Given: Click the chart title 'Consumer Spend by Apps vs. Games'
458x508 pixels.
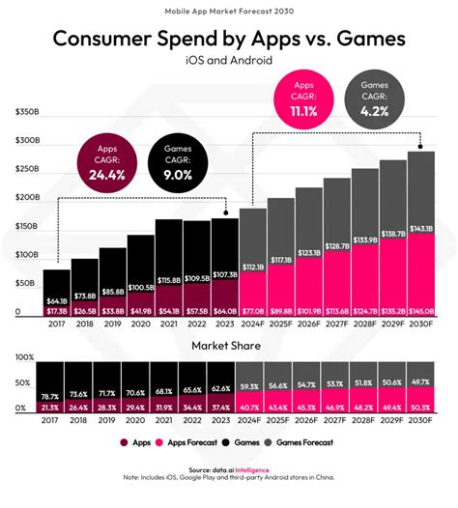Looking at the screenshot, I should click(x=228, y=40).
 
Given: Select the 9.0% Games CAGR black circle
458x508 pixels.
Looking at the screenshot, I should click(x=182, y=164).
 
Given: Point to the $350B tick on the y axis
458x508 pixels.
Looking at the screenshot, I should click(x=26, y=111).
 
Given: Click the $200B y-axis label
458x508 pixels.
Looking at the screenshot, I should click(x=26, y=197).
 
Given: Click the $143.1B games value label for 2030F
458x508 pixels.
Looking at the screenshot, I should click(x=421, y=228).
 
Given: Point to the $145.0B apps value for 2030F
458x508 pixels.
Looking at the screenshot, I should click(x=421, y=312).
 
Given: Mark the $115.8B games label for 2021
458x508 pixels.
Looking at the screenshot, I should click(x=169, y=279).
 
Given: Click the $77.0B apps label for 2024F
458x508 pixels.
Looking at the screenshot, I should click(x=253, y=312).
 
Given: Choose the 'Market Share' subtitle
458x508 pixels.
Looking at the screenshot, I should click(x=229, y=346).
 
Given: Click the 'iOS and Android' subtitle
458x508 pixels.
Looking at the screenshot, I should click(x=228, y=61).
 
